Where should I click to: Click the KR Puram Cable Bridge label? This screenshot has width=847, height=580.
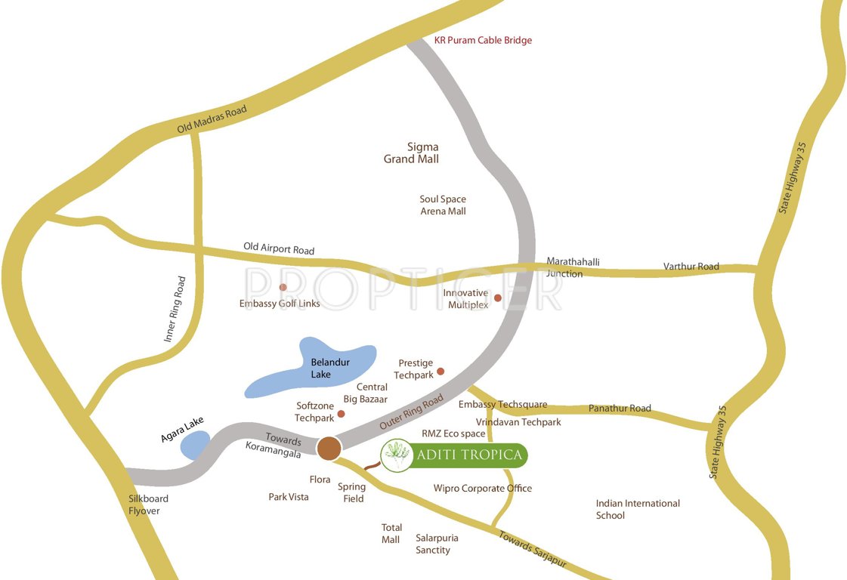tap(483, 40)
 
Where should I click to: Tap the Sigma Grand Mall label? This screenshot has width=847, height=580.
tap(411, 153)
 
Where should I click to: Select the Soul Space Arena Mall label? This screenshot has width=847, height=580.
tap(443, 205)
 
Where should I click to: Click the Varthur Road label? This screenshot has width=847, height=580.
tap(691, 267)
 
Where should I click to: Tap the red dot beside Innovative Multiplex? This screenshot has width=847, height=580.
tap(498, 298)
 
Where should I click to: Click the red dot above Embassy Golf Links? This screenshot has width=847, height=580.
tap(283, 287)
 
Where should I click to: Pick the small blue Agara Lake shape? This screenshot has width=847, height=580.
tap(194, 446)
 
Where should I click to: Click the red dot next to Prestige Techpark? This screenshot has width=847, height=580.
tap(441, 371)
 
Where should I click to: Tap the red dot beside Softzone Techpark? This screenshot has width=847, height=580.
tap(341, 414)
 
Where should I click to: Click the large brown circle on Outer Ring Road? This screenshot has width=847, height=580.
tap(329, 448)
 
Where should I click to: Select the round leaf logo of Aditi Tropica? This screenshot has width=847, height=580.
tap(395, 455)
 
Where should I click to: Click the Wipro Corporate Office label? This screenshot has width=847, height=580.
tap(482, 489)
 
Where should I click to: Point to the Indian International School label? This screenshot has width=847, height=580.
tap(637, 509)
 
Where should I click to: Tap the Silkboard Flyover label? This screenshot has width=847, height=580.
tap(148, 504)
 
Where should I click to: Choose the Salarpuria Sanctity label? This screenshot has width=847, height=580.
tap(437, 544)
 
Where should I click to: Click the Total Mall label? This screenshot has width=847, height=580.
tap(391, 533)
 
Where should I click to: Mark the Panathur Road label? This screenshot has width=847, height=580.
tap(620, 409)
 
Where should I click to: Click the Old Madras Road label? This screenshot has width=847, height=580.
tap(212, 120)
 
